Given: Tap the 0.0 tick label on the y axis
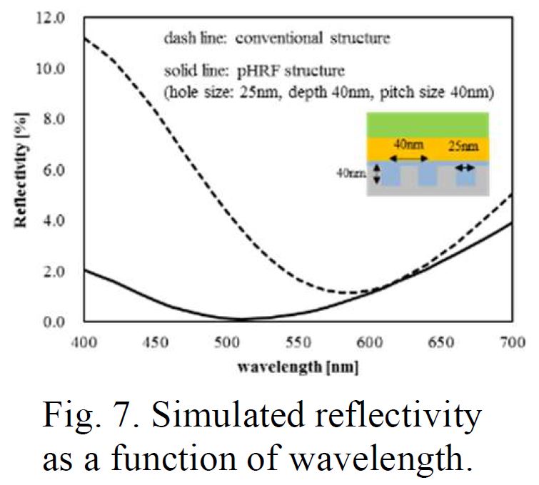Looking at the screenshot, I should (52, 322).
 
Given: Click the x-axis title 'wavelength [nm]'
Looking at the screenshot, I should (299, 368).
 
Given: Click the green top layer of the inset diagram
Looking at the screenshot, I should (426, 124).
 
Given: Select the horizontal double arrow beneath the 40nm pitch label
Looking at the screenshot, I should (407, 158).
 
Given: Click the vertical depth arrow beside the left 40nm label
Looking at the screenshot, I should (376, 175).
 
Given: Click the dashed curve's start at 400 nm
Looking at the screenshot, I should (85, 38).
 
